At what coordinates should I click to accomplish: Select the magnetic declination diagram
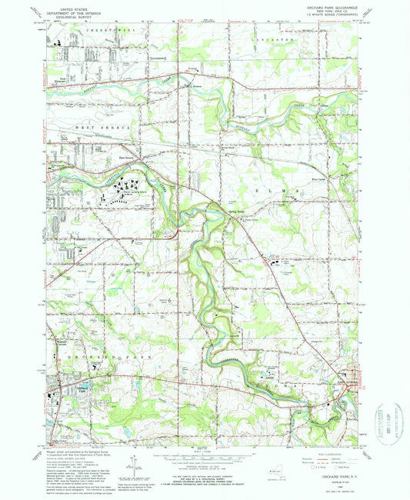pos(135,464)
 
